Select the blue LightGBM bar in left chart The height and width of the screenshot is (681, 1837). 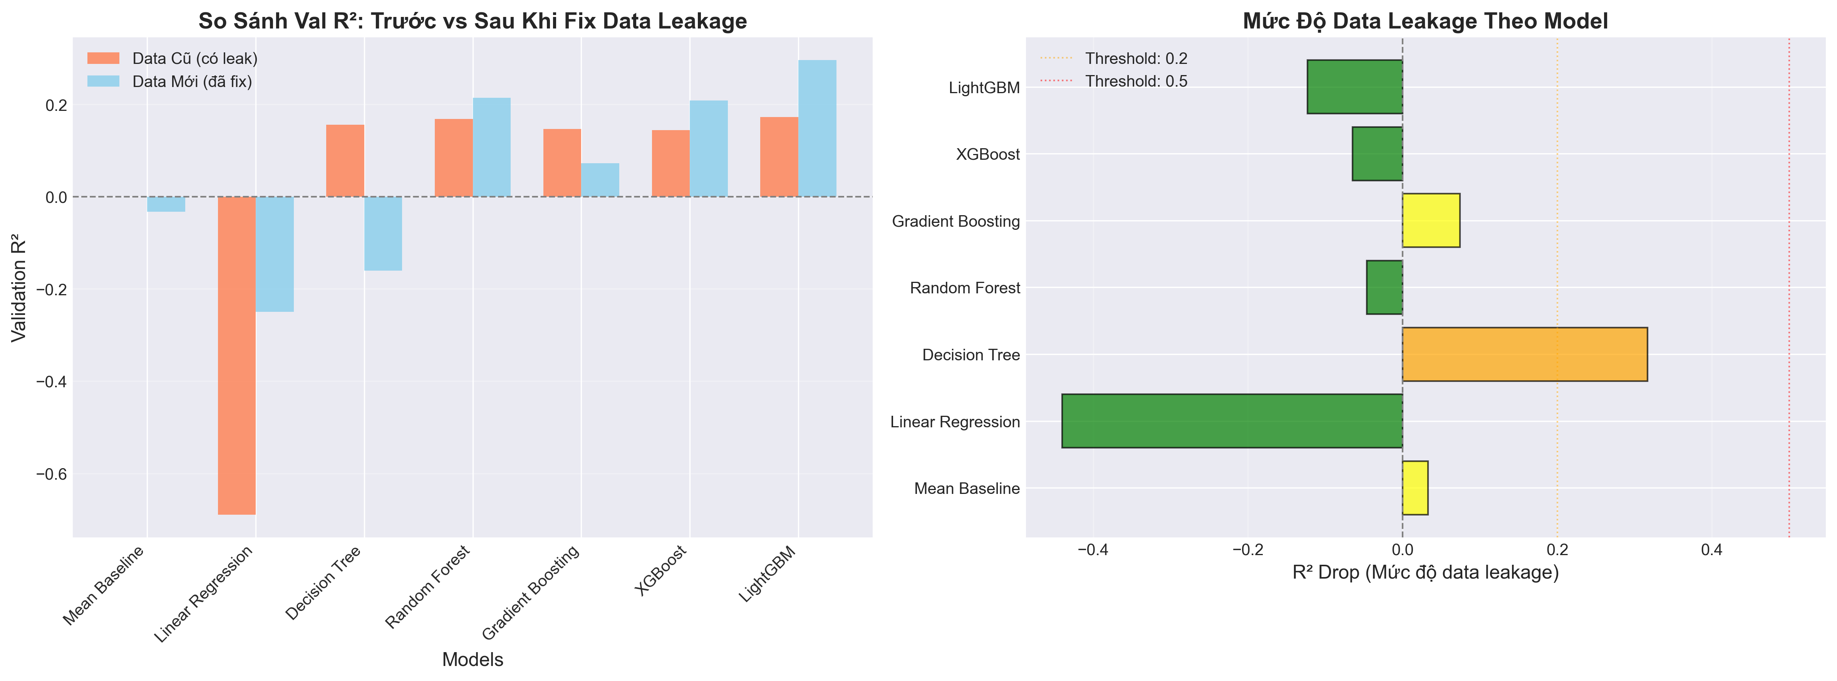pyautogui.click(x=817, y=128)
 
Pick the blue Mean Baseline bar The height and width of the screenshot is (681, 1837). pyautogui.click(x=166, y=204)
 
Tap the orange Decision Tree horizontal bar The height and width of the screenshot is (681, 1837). pyautogui.click(x=1525, y=355)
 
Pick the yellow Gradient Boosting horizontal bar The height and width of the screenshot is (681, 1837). pyautogui.click(x=1431, y=220)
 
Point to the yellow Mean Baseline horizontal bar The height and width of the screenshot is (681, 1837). pyautogui.click(x=1415, y=488)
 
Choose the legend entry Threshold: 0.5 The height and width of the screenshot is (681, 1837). pyautogui.click(x=1135, y=81)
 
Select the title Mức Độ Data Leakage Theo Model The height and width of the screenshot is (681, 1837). pyautogui.click(x=1425, y=21)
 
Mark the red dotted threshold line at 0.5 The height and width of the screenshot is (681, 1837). pyautogui.click(x=1788, y=285)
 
